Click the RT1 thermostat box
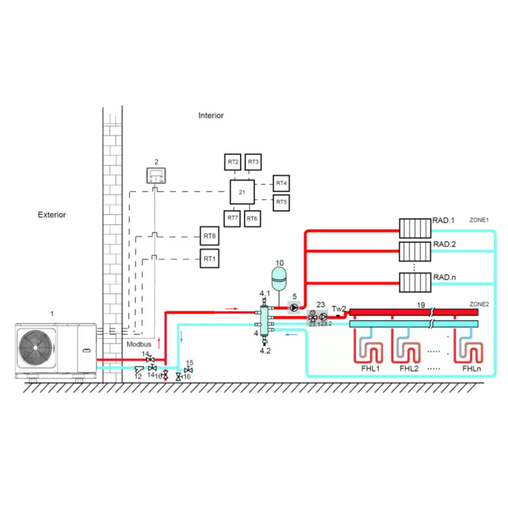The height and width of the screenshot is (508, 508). [210, 259]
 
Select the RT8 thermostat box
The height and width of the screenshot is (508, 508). [210, 236]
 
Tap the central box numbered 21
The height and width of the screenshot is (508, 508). [242, 192]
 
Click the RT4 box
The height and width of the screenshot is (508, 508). [281, 183]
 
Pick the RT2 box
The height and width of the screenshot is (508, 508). [233, 162]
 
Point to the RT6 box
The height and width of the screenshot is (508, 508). [252, 218]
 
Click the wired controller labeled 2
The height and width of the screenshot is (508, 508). [156, 175]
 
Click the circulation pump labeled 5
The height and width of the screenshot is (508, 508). [294, 308]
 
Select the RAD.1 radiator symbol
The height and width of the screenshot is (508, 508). [415, 228]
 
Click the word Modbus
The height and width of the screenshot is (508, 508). [139, 344]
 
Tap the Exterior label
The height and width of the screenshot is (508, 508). [52, 215]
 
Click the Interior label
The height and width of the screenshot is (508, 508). [211, 115]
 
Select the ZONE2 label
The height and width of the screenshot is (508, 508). [479, 304]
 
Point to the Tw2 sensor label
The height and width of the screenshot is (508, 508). [339, 309]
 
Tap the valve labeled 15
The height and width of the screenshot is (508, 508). [188, 370]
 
